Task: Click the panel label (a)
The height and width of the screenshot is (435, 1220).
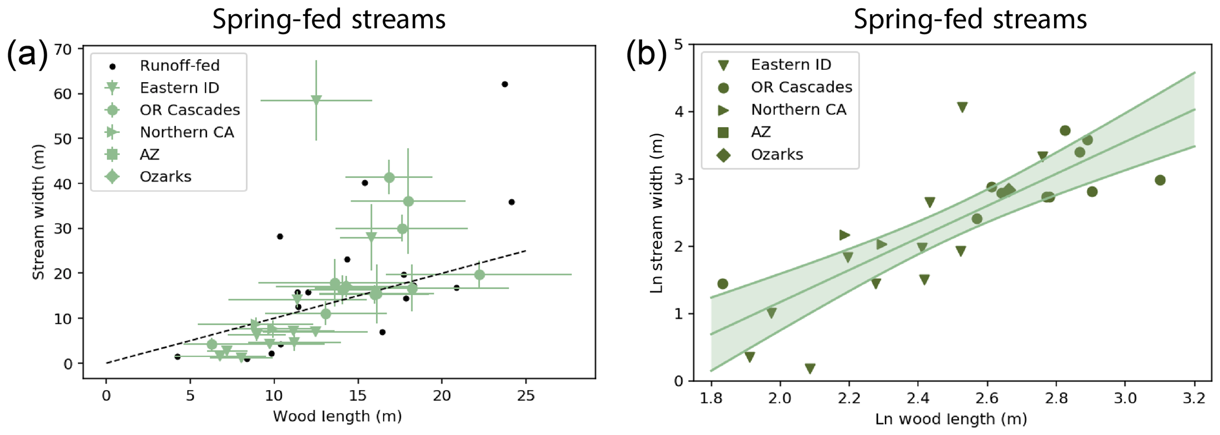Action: point(27,54)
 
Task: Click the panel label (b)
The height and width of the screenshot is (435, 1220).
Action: point(646,54)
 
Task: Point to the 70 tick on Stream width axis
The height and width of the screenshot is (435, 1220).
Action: point(63,49)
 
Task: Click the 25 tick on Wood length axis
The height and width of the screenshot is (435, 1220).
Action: point(525,395)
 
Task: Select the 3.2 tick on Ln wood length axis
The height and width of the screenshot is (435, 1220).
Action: point(1194,398)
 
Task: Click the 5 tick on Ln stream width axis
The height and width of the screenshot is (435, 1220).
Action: point(679,44)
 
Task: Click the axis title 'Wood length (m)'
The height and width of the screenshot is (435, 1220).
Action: point(337,417)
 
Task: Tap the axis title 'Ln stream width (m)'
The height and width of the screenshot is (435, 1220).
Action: point(656,213)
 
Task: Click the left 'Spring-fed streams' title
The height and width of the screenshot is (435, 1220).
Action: point(329,19)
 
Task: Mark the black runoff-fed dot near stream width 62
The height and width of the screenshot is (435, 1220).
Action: point(505,85)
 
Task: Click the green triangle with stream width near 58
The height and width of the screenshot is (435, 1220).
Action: point(316,100)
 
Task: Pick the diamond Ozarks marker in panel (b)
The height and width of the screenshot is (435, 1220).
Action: point(1009,190)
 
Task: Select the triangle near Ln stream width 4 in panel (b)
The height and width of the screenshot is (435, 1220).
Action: point(962,107)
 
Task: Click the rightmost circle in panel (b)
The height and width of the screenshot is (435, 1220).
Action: point(1160,180)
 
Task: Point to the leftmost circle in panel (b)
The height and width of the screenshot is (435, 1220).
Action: point(722,284)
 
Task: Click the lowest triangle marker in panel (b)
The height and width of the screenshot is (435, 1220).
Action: point(810,369)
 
